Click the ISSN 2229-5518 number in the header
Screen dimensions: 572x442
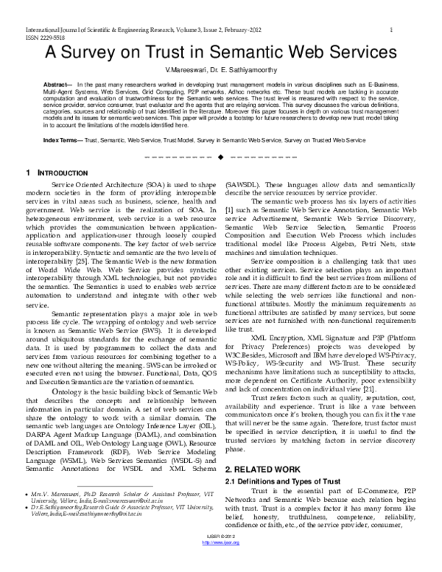pos(24,36)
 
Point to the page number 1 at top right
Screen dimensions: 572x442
pos(391,29)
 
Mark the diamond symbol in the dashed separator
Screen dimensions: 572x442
pos(220,157)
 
